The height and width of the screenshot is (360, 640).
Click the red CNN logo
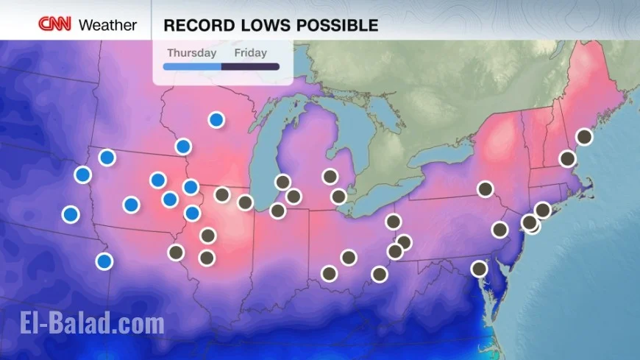tap(54, 24)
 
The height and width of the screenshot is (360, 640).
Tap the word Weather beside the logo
tap(107, 25)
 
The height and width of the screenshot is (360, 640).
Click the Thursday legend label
tap(191, 53)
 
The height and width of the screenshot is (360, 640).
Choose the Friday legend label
tap(250, 53)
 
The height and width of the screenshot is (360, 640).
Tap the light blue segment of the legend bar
tap(191, 67)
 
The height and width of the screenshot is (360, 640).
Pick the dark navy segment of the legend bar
tap(250, 67)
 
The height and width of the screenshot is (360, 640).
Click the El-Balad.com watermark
tap(90, 324)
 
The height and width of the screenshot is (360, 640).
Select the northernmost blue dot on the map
tap(216, 119)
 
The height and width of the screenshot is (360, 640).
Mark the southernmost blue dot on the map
tap(104, 261)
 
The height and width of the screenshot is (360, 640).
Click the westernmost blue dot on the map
tap(71, 214)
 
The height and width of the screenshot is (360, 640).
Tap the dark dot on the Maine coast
tap(584, 136)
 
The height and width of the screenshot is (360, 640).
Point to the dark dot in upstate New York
tap(485, 188)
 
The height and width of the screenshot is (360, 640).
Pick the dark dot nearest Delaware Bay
tap(479, 269)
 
